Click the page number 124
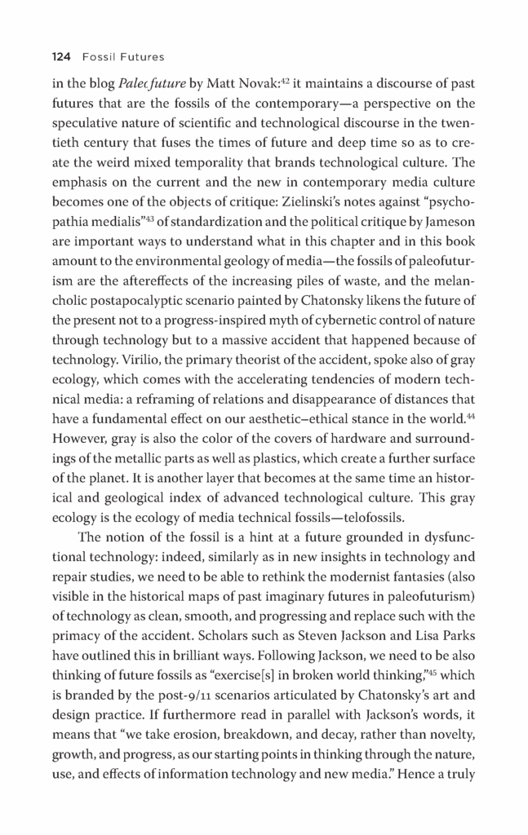pyautogui.click(x=62, y=57)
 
